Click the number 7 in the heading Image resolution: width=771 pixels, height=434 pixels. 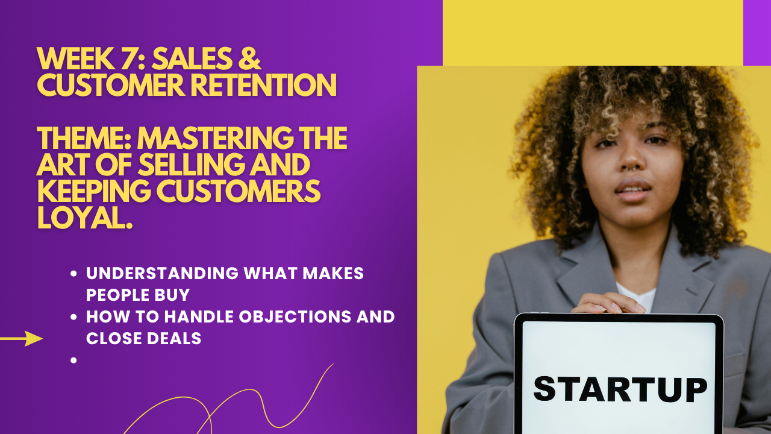tap(128, 58)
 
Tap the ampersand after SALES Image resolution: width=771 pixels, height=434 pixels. tap(249, 58)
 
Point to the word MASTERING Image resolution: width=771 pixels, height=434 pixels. tap(216, 138)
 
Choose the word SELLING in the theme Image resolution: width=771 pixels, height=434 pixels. tap(191, 165)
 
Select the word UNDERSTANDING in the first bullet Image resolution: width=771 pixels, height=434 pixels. tap(163, 273)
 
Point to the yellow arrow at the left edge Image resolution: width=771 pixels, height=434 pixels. tap(21, 339)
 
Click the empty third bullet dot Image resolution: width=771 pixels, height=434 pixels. tap(73, 360)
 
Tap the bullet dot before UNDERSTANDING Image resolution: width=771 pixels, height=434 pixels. tap(73, 274)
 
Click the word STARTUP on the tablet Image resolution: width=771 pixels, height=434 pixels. tap(620, 389)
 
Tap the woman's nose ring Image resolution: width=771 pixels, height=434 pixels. tap(632, 169)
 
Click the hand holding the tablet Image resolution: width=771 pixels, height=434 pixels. tap(608, 303)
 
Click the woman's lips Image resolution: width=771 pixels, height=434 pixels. tap(633, 190)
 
